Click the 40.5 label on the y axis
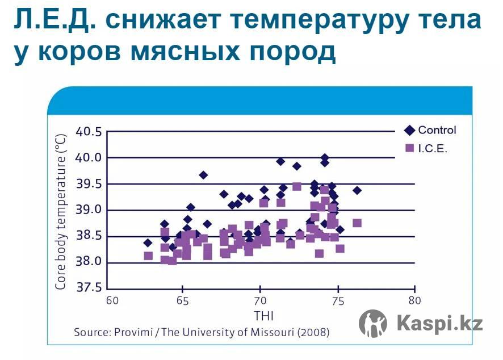(x=89, y=132)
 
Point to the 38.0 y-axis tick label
(x=89, y=262)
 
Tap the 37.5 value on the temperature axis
(x=89, y=287)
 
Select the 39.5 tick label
(x=89, y=184)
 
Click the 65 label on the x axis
(x=182, y=301)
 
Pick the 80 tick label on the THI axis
(x=414, y=300)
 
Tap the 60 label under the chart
(x=112, y=301)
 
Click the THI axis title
(x=263, y=316)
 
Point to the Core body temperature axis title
(x=61, y=211)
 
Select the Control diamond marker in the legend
(x=409, y=130)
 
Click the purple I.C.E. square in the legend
(x=410, y=148)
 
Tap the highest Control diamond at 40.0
(x=325, y=157)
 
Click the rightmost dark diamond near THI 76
(x=357, y=190)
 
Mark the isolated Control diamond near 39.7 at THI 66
(x=203, y=175)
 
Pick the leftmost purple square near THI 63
(x=148, y=256)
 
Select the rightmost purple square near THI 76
(x=357, y=223)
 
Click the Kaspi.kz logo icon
(x=373, y=323)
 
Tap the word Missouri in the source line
(x=272, y=332)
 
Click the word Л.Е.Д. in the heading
(x=55, y=20)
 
